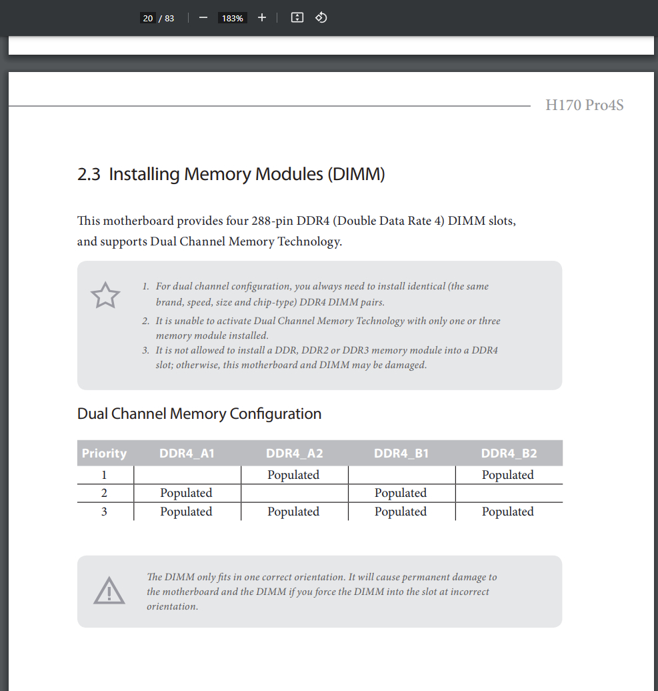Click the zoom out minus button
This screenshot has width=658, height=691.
pyautogui.click(x=203, y=18)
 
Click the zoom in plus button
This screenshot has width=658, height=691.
pyautogui.click(x=262, y=18)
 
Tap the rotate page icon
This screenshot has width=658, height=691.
pyautogui.click(x=321, y=18)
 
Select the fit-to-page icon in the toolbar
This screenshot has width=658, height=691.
pyautogui.click(x=297, y=18)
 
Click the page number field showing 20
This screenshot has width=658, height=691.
pyautogui.click(x=148, y=18)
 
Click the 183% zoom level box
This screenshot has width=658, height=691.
pyautogui.click(x=232, y=18)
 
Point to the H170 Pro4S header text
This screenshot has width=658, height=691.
pyautogui.click(x=584, y=105)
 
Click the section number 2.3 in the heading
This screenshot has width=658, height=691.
pyautogui.click(x=89, y=175)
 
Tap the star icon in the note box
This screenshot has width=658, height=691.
pyautogui.click(x=105, y=295)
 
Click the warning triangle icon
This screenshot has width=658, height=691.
pyautogui.click(x=109, y=591)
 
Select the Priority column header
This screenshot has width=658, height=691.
pyautogui.click(x=104, y=454)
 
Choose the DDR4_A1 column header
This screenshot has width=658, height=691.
pyautogui.click(x=187, y=454)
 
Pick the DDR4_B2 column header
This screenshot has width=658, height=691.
pyautogui.click(x=509, y=454)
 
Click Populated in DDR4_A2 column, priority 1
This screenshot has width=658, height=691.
pyautogui.click(x=293, y=475)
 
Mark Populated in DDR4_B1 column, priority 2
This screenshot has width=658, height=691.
pyautogui.click(x=401, y=493)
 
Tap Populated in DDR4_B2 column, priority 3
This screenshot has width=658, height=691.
pyautogui.click(x=508, y=512)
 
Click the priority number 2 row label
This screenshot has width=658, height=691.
pyautogui.click(x=104, y=493)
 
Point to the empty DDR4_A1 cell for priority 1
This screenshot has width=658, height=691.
pyautogui.click(x=187, y=475)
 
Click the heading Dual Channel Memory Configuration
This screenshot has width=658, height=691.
pyautogui.click(x=199, y=414)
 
